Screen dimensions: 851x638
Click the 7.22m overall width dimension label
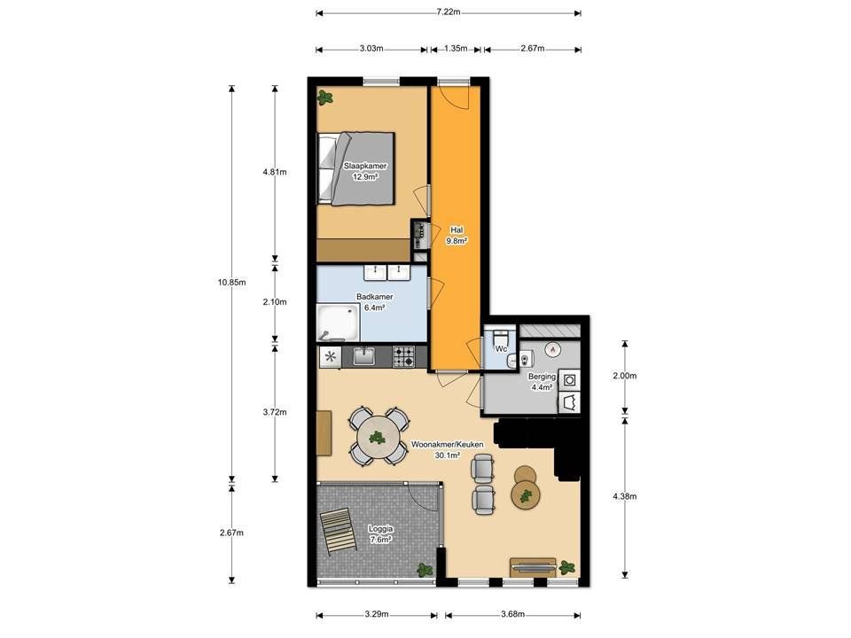click(x=449, y=12)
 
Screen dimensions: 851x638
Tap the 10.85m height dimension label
click(x=231, y=282)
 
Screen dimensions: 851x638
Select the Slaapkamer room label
click(x=365, y=166)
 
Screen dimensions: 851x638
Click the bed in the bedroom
click(x=356, y=168)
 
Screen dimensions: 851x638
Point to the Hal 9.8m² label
click(x=457, y=236)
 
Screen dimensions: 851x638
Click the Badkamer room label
click(x=374, y=297)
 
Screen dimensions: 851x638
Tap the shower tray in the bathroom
click(x=338, y=323)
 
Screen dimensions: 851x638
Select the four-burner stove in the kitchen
click(x=404, y=356)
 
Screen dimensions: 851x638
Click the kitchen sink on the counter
click(x=364, y=356)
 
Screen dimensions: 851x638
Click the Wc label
click(x=502, y=349)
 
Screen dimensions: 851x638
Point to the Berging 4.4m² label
click(x=543, y=381)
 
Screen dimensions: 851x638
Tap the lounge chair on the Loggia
click(x=338, y=532)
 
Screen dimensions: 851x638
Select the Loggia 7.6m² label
click(x=380, y=533)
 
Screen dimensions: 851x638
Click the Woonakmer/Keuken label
click(x=447, y=444)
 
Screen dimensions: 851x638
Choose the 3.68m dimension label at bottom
click(x=513, y=614)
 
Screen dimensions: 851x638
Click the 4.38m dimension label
click(x=625, y=496)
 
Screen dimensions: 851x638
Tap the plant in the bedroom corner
click(x=325, y=97)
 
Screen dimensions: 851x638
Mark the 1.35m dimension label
click(x=456, y=48)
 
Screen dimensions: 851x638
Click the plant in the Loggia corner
click(x=425, y=570)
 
